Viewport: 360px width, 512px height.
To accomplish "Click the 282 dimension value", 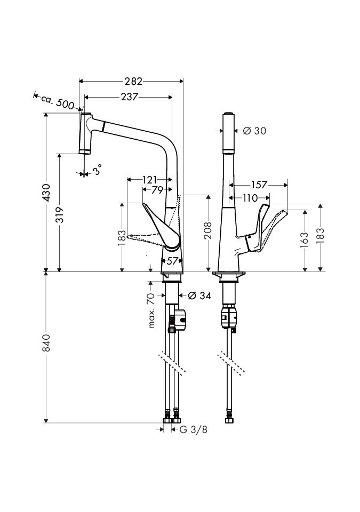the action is pyautogui.click(x=133, y=81).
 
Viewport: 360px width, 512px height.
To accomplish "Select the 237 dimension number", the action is pyautogui.click(x=130, y=97).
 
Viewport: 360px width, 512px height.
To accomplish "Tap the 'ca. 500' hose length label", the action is pyautogui.click(x=58, y=101).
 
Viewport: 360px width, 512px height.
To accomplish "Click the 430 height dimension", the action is pyautogui.click(x=46, y=193).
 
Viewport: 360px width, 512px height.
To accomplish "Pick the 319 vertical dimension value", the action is pyautogui.click(x=59, y=214).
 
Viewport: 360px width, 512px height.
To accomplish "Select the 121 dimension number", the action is pyautogui.click(x=149, y=180).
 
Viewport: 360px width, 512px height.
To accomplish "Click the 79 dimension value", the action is pyautogui.click(x=157, y=190).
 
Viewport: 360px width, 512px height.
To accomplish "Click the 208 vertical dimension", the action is pyautogui.click(x=208, y=230).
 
